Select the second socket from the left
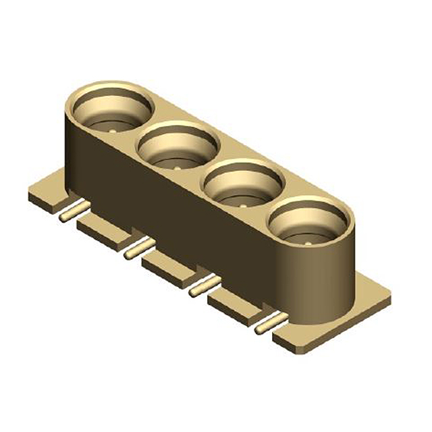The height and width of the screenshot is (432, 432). point(178,148)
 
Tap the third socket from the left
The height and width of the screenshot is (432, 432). point(244,186)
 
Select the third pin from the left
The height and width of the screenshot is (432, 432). point(202,287)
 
